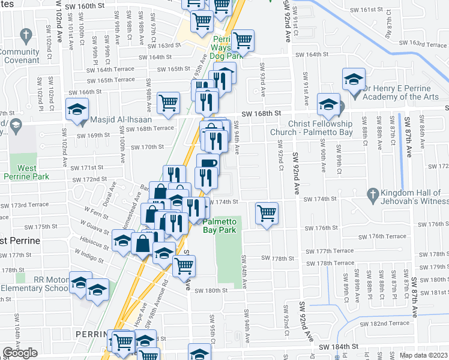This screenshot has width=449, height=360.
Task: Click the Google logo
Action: (x=20, y=353)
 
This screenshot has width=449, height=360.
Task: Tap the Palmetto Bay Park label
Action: (x=219, y=226)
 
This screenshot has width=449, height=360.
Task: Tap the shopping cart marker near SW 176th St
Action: (x=267, y=212)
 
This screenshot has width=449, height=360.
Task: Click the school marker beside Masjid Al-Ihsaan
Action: (x=77, y=109)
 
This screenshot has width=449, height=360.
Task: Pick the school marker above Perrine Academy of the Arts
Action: (x=354, y=79)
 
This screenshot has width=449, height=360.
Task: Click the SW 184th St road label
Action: (x=338, y=347)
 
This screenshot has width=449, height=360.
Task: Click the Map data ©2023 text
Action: (x=424, y=355)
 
